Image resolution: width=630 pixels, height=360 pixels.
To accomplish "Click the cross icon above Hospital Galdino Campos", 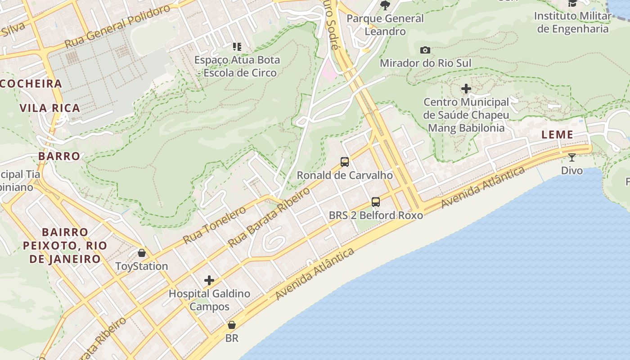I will (209, 280).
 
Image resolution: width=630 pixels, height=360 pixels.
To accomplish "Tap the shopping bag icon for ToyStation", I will (142, 253).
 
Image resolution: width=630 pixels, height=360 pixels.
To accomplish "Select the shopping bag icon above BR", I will (232, 325).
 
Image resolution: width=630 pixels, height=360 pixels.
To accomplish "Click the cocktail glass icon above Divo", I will (572, 157).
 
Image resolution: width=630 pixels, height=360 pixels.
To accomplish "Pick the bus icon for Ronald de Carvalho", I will (345, 162).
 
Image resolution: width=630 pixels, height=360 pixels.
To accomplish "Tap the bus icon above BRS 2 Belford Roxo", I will (376, 202).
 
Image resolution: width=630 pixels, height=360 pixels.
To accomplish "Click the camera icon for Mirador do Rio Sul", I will (425, 50).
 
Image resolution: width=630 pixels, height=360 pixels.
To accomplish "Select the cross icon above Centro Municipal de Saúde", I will (466, 89).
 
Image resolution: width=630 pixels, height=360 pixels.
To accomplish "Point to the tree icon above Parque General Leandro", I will (385, 5).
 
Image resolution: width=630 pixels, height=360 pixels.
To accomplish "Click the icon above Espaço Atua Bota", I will (237, 46).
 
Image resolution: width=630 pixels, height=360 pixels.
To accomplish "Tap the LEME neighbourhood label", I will (557, 135).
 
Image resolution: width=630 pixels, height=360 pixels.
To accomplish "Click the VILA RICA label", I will (50, 108).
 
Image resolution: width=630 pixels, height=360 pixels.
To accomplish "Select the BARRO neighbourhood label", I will (59, 156).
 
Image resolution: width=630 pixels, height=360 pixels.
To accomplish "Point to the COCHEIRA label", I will (31, 84).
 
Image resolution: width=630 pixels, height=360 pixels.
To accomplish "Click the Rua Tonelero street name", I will (215, 225).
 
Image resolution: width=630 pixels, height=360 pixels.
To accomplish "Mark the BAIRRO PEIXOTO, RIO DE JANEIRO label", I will (65, 246).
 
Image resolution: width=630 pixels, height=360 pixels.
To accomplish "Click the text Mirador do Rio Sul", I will (425, 63).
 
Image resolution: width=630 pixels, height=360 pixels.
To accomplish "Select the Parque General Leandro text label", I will (385, 25).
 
